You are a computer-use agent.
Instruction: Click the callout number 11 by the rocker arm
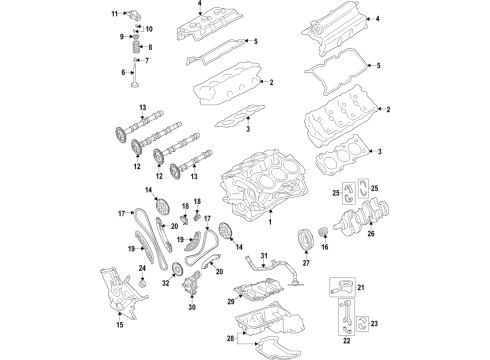pyautogui.click(x=114, y=14)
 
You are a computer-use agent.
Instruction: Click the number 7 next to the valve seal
pyautogui.click(x=151, y=58)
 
